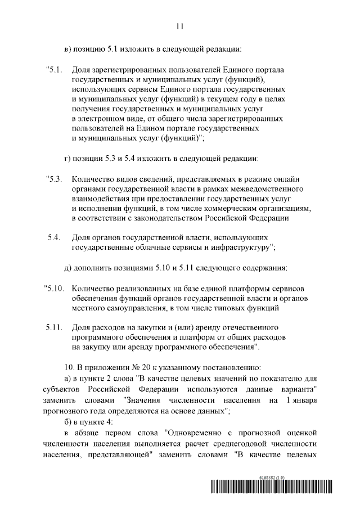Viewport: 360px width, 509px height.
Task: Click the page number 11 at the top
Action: click(180, 26)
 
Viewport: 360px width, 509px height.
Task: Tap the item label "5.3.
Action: click(53, 179)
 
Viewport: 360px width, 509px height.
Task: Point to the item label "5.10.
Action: click(55, 289)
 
